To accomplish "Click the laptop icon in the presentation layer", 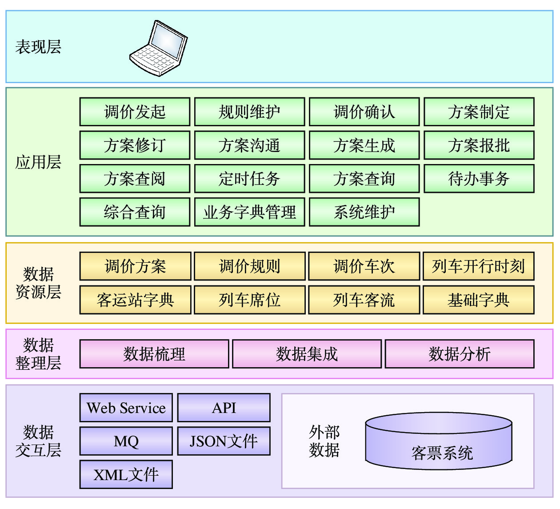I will tap(158, 48).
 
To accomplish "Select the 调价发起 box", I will tap(135, 112).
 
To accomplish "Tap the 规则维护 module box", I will tap(249, 112).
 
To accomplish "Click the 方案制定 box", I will tap(479, 112).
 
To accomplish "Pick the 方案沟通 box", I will tap(249, 145).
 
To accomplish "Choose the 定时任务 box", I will tap(249, 179).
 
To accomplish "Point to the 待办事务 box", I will tap(479, 179).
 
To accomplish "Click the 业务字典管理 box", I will tap(249, 212).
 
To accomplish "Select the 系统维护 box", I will tap(364, 212).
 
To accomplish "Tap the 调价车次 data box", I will tap(364, 266).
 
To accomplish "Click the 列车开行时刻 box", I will tap(478, 266).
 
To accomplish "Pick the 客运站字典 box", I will tap(135, 300).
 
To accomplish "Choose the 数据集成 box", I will tap(307, 354).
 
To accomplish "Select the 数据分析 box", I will tap(459, 354).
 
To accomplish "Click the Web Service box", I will tap(126, 408).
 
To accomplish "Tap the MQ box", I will tap(126, 441).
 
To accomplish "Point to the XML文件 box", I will tap(126, 475).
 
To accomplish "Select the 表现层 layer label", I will tap(38, 47).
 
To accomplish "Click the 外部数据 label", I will tap(324, 441).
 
